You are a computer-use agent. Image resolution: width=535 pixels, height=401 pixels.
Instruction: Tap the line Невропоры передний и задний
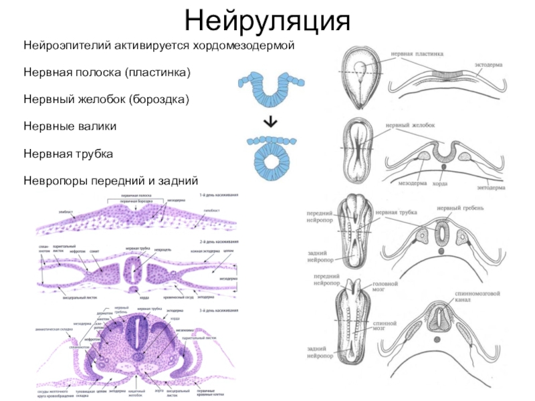pos(111,180)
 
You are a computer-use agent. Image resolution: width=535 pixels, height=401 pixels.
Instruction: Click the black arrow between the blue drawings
pos(270,122)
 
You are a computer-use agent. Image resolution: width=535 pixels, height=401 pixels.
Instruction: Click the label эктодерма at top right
pos(489,65)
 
